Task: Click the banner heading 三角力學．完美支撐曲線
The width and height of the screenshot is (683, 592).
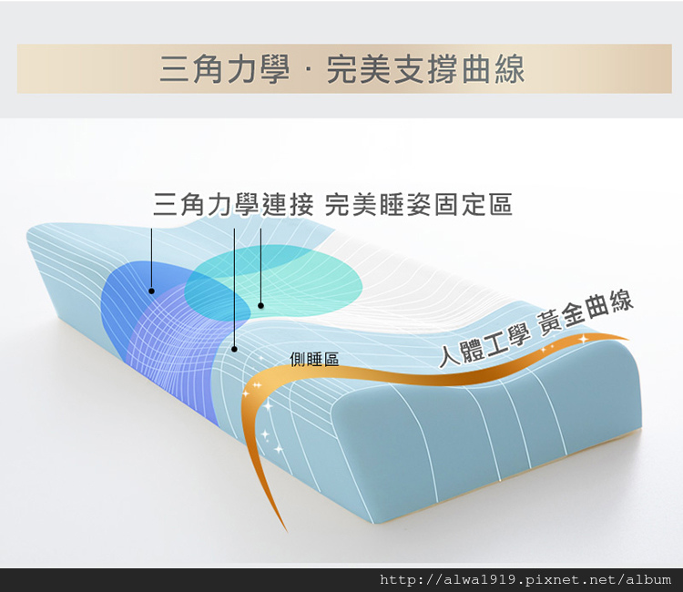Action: pyautogui.click(x=341, y=69)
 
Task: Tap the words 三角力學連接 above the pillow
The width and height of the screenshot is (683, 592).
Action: pyautogui.click(x=233, y=204)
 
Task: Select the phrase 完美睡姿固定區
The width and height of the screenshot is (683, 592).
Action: pyautogui.click(x=418, y=204)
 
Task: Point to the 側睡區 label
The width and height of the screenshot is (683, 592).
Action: pyautogui.click(x=314, y=360)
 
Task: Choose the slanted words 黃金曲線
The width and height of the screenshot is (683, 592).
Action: pyautogui.click(x=585, y=312)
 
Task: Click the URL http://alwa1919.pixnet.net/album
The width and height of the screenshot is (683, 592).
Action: pyautogui.click(x=525, y=580)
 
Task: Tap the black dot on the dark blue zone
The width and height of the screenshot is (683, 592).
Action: pyautogui.click(x=151, y=291)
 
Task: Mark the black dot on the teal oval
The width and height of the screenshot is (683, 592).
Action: pyautogui.click(x=261, y=305)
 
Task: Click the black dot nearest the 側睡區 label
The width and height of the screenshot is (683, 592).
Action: pyautogui.click(x=234, y=349)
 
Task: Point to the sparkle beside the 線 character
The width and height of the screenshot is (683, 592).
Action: pyautogui.click(x=583, y=338)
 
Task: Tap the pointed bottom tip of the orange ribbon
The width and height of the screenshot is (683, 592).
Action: pyautogui.click(x=287, y=532)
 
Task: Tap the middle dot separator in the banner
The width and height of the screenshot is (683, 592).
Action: pyautogui.click(x=308, y=69)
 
